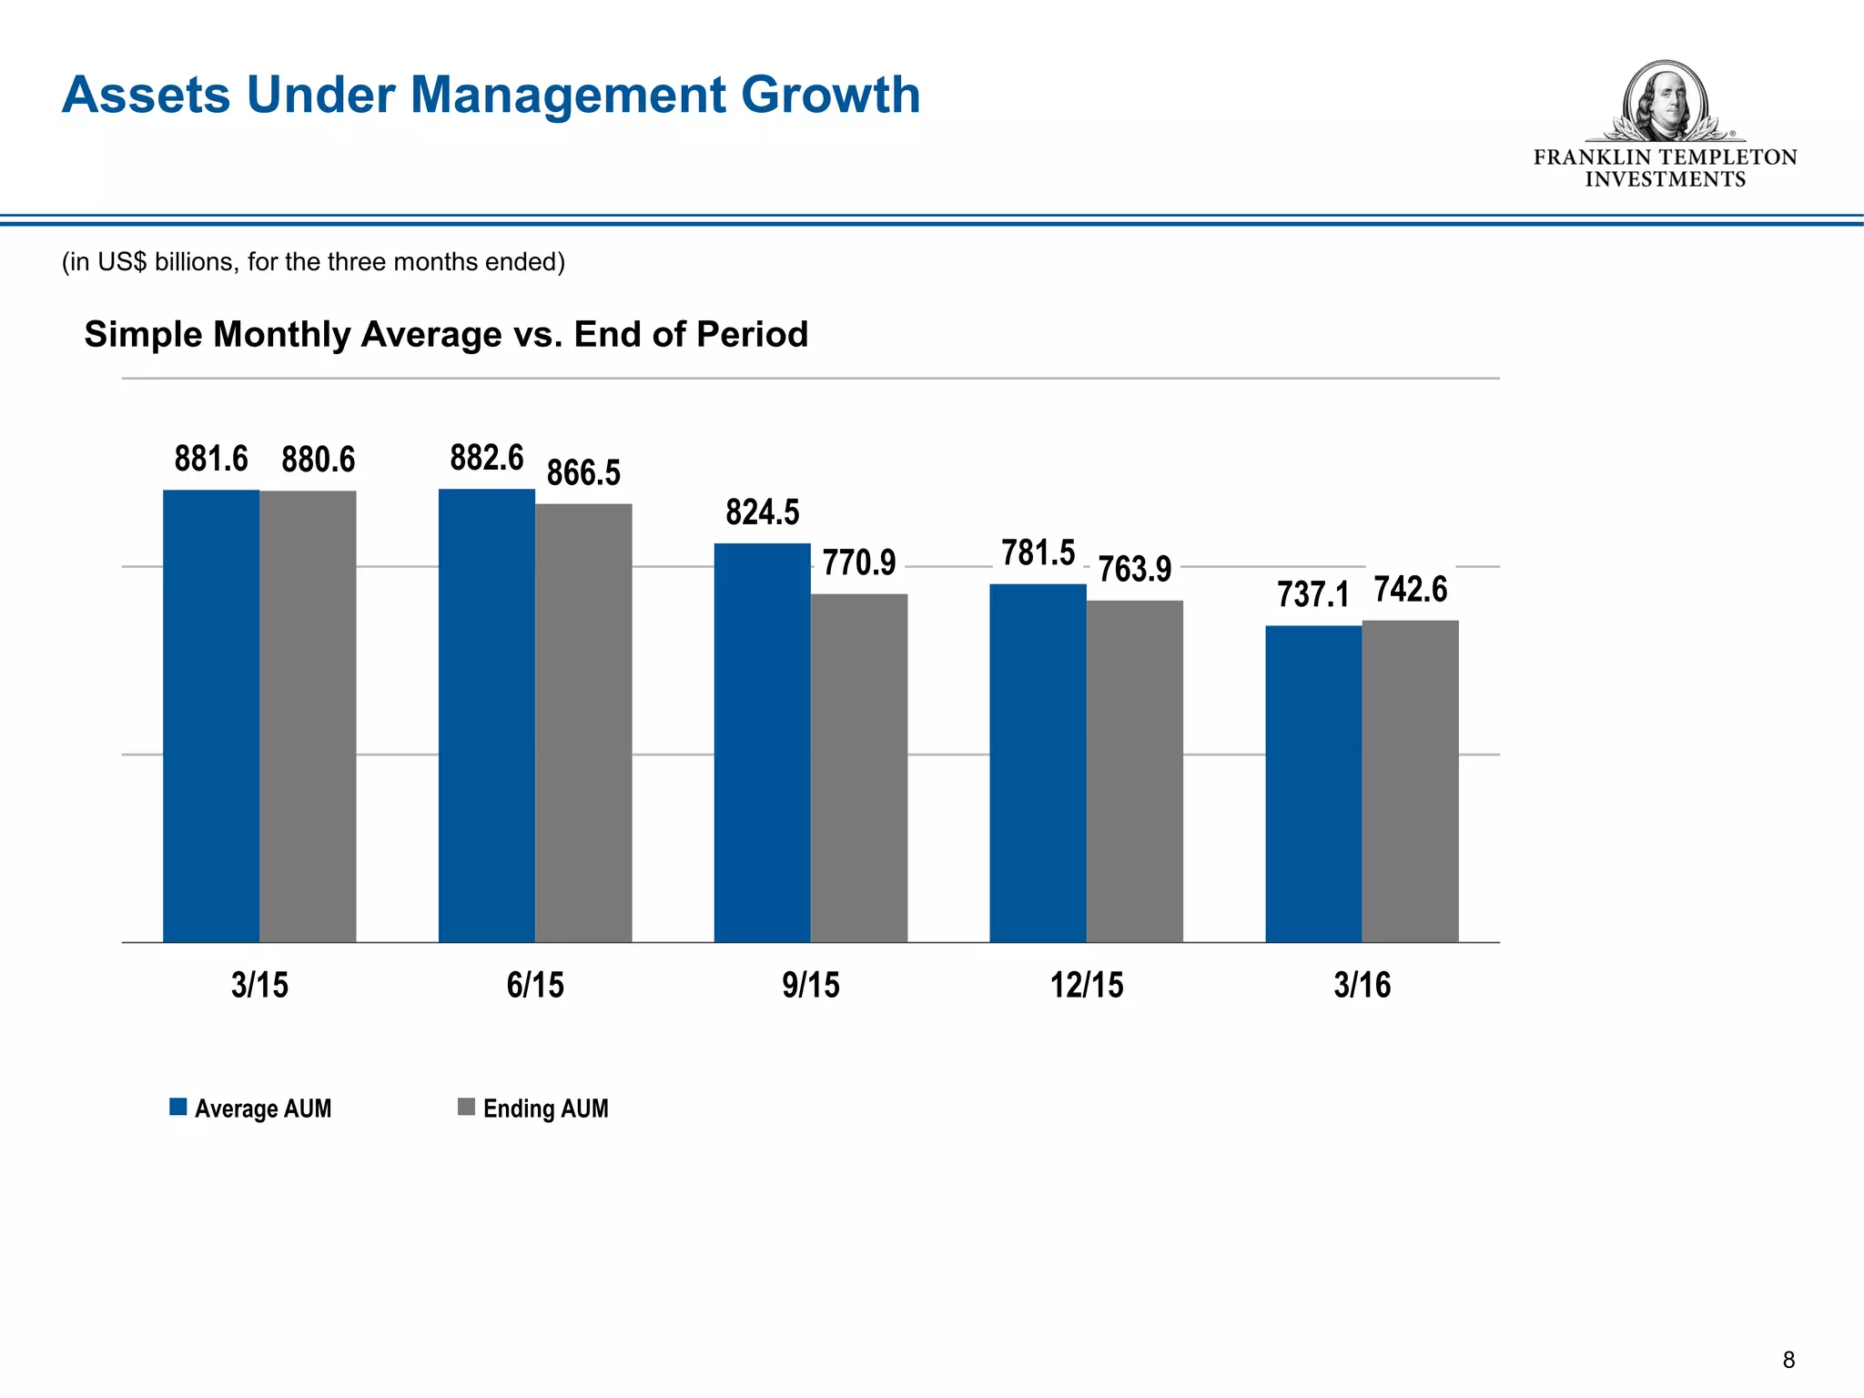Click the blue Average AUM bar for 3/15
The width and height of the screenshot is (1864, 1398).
211,715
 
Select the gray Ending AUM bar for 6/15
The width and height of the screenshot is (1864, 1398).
583,723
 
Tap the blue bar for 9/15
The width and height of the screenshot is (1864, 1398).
762,742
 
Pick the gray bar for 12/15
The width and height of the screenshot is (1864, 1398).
1134,771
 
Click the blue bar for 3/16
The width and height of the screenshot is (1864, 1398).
1312,784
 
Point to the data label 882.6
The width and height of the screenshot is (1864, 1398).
487,458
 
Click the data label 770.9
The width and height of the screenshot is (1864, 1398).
858,562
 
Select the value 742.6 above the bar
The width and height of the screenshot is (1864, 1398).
1410,590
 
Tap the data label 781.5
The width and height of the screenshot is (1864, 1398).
1038,552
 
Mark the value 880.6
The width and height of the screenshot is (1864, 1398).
318,460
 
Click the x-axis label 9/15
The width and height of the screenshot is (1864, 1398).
810,985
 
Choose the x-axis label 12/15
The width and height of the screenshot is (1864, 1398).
1087,985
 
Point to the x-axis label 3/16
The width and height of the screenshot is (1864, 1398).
1362,985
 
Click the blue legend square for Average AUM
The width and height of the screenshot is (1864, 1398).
178,1107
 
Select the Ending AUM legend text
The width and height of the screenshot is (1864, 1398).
545,1109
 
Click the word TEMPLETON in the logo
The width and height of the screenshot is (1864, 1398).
1728,157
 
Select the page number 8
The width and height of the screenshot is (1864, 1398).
1788,1360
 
